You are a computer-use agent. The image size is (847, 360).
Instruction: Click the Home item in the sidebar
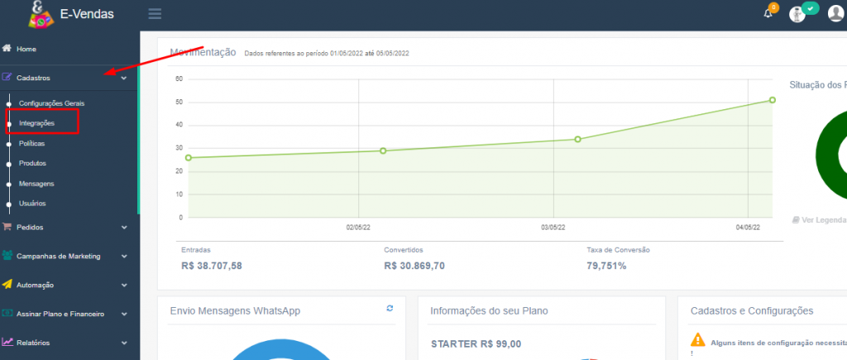26,49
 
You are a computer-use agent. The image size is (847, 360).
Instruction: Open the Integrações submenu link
36,123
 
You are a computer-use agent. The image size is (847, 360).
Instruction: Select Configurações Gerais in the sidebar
51,103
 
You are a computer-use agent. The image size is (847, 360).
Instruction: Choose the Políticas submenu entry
32,143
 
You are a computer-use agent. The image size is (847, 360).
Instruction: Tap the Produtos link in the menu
32,163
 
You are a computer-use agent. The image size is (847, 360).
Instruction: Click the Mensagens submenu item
36,183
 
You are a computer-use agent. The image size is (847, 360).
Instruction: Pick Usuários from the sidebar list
32,203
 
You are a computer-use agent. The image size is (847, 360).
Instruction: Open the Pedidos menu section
30,227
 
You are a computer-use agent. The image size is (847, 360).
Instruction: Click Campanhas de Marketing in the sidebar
58,256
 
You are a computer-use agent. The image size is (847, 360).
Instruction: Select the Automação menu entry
35,285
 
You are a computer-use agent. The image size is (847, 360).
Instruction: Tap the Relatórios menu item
33,343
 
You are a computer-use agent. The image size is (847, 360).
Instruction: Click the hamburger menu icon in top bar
155,13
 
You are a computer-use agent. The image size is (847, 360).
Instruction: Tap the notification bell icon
768,13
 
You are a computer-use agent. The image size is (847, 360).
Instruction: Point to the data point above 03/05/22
577,139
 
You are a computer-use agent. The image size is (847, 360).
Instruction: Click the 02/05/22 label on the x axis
357,227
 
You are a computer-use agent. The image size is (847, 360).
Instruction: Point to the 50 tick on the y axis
179,103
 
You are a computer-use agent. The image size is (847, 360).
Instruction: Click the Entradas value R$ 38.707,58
211,266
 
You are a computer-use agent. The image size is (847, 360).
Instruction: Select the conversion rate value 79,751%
606,266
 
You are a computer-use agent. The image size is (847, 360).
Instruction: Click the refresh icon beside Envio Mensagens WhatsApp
390,308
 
